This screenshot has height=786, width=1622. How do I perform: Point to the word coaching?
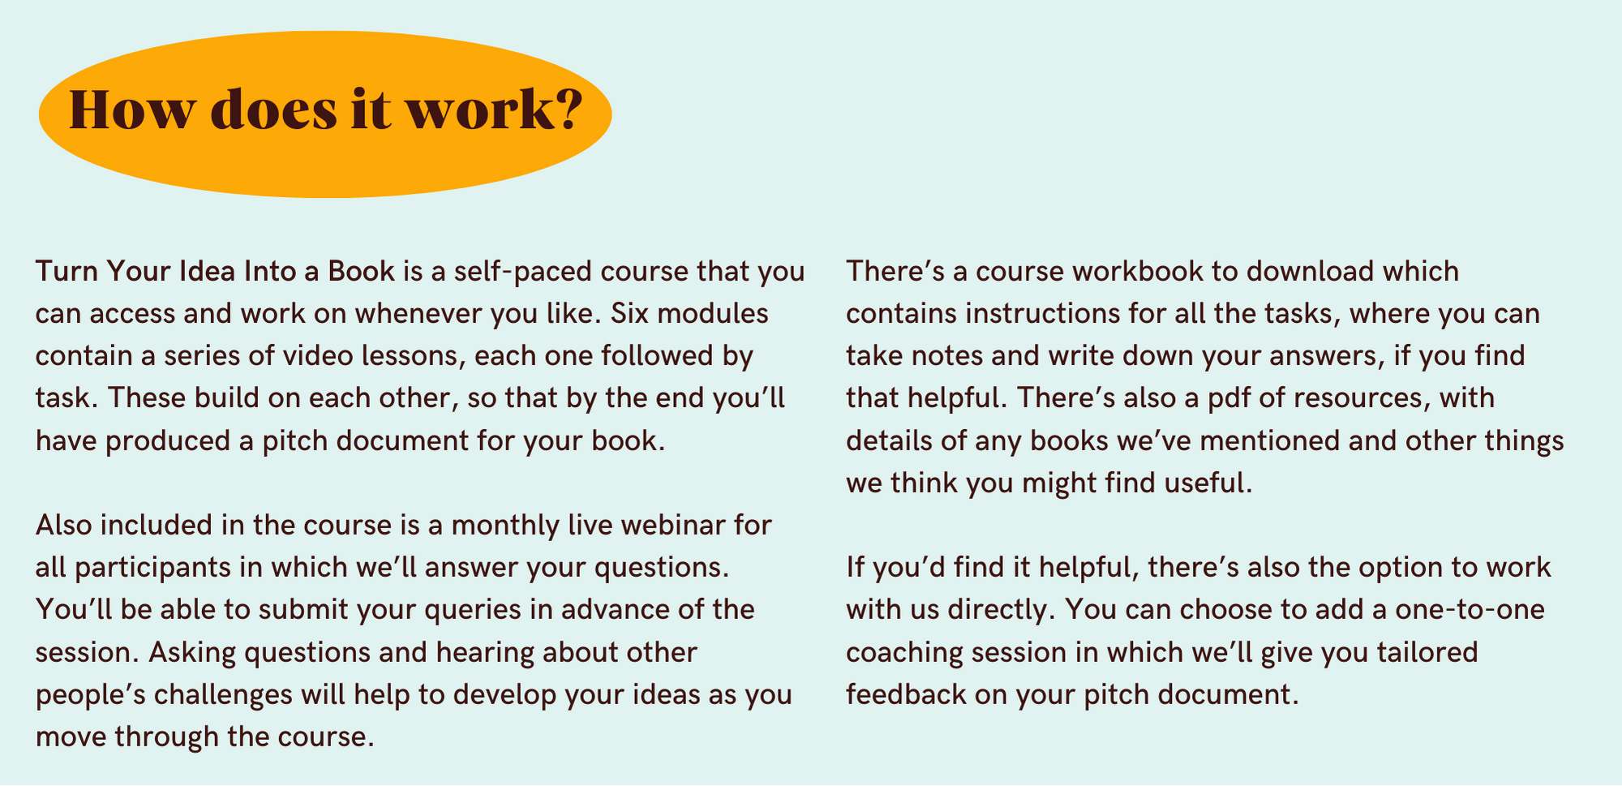coord(904,653)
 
